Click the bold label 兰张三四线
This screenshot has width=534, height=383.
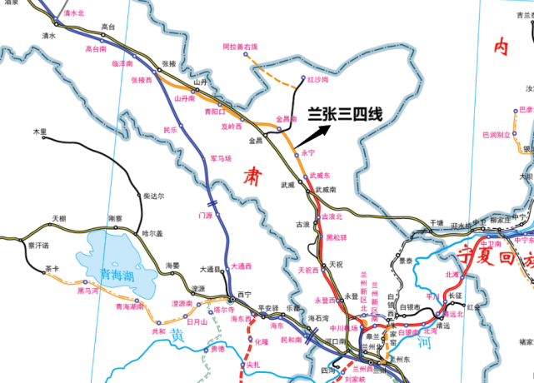point(345,113)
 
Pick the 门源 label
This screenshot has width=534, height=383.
point(205,215)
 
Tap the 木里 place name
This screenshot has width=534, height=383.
point(40,132)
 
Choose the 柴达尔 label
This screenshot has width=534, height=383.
point(153,196)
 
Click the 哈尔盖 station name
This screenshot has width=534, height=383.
point(152,233)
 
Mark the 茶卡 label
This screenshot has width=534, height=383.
point(52,269)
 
